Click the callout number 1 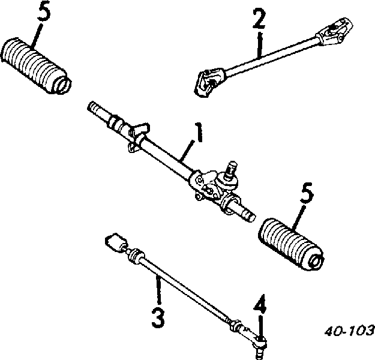point(198,132)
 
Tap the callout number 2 point(259,18)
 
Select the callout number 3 point(158,317)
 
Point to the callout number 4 point(260,304)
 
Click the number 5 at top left point(44,11)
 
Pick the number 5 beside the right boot point(307,193)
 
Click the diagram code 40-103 point(349,331)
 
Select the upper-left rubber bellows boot point(36,65)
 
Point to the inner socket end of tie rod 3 point(116,242)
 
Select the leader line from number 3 point(158,290)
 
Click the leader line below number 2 point(259,45)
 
